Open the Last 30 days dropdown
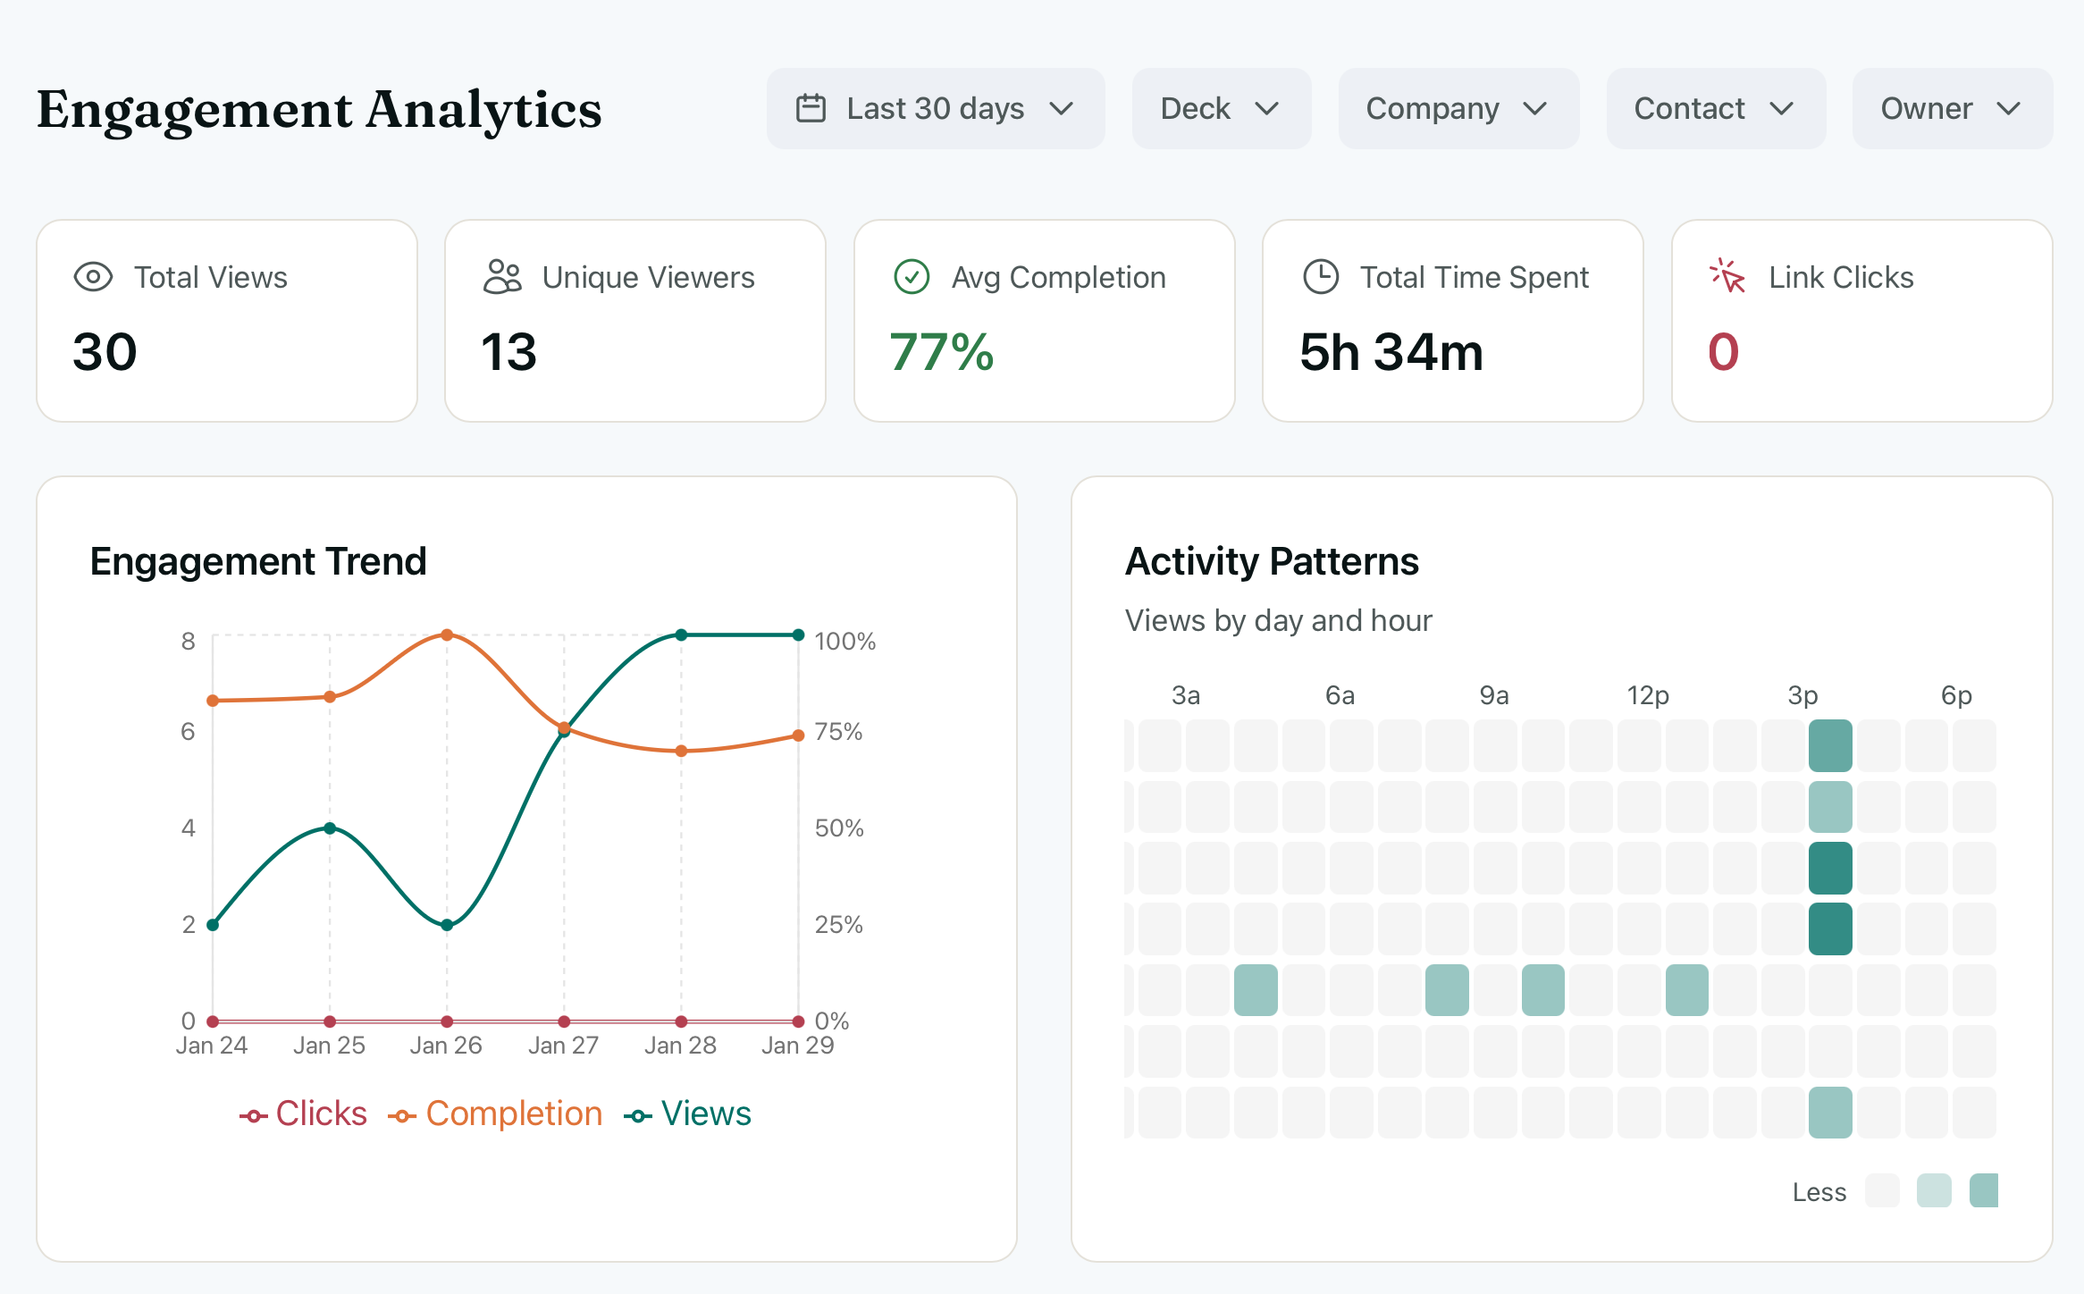click(935, 109)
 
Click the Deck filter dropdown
click(1221, 109)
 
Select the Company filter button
click(1458, 109)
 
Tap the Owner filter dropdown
click(1952, 109)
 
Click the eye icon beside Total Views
click(93, 277)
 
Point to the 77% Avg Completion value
click(941, 352)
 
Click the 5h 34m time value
click(1391, 352)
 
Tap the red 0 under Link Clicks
click(1723, 352)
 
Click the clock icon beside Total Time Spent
click(1321, 277)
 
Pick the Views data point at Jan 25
click(330, 828)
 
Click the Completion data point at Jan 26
click(447, 635)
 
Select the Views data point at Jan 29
click(798, 635)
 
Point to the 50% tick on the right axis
click(838, 828)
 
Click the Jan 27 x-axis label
click(563, 1046)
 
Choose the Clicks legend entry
click(304, 1114)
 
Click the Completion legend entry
click(496, 1114)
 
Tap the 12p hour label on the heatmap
click(1647, 695)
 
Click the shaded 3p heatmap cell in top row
click(1830, 745)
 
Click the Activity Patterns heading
click(1271, 561)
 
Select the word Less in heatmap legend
click(1819, 1192)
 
